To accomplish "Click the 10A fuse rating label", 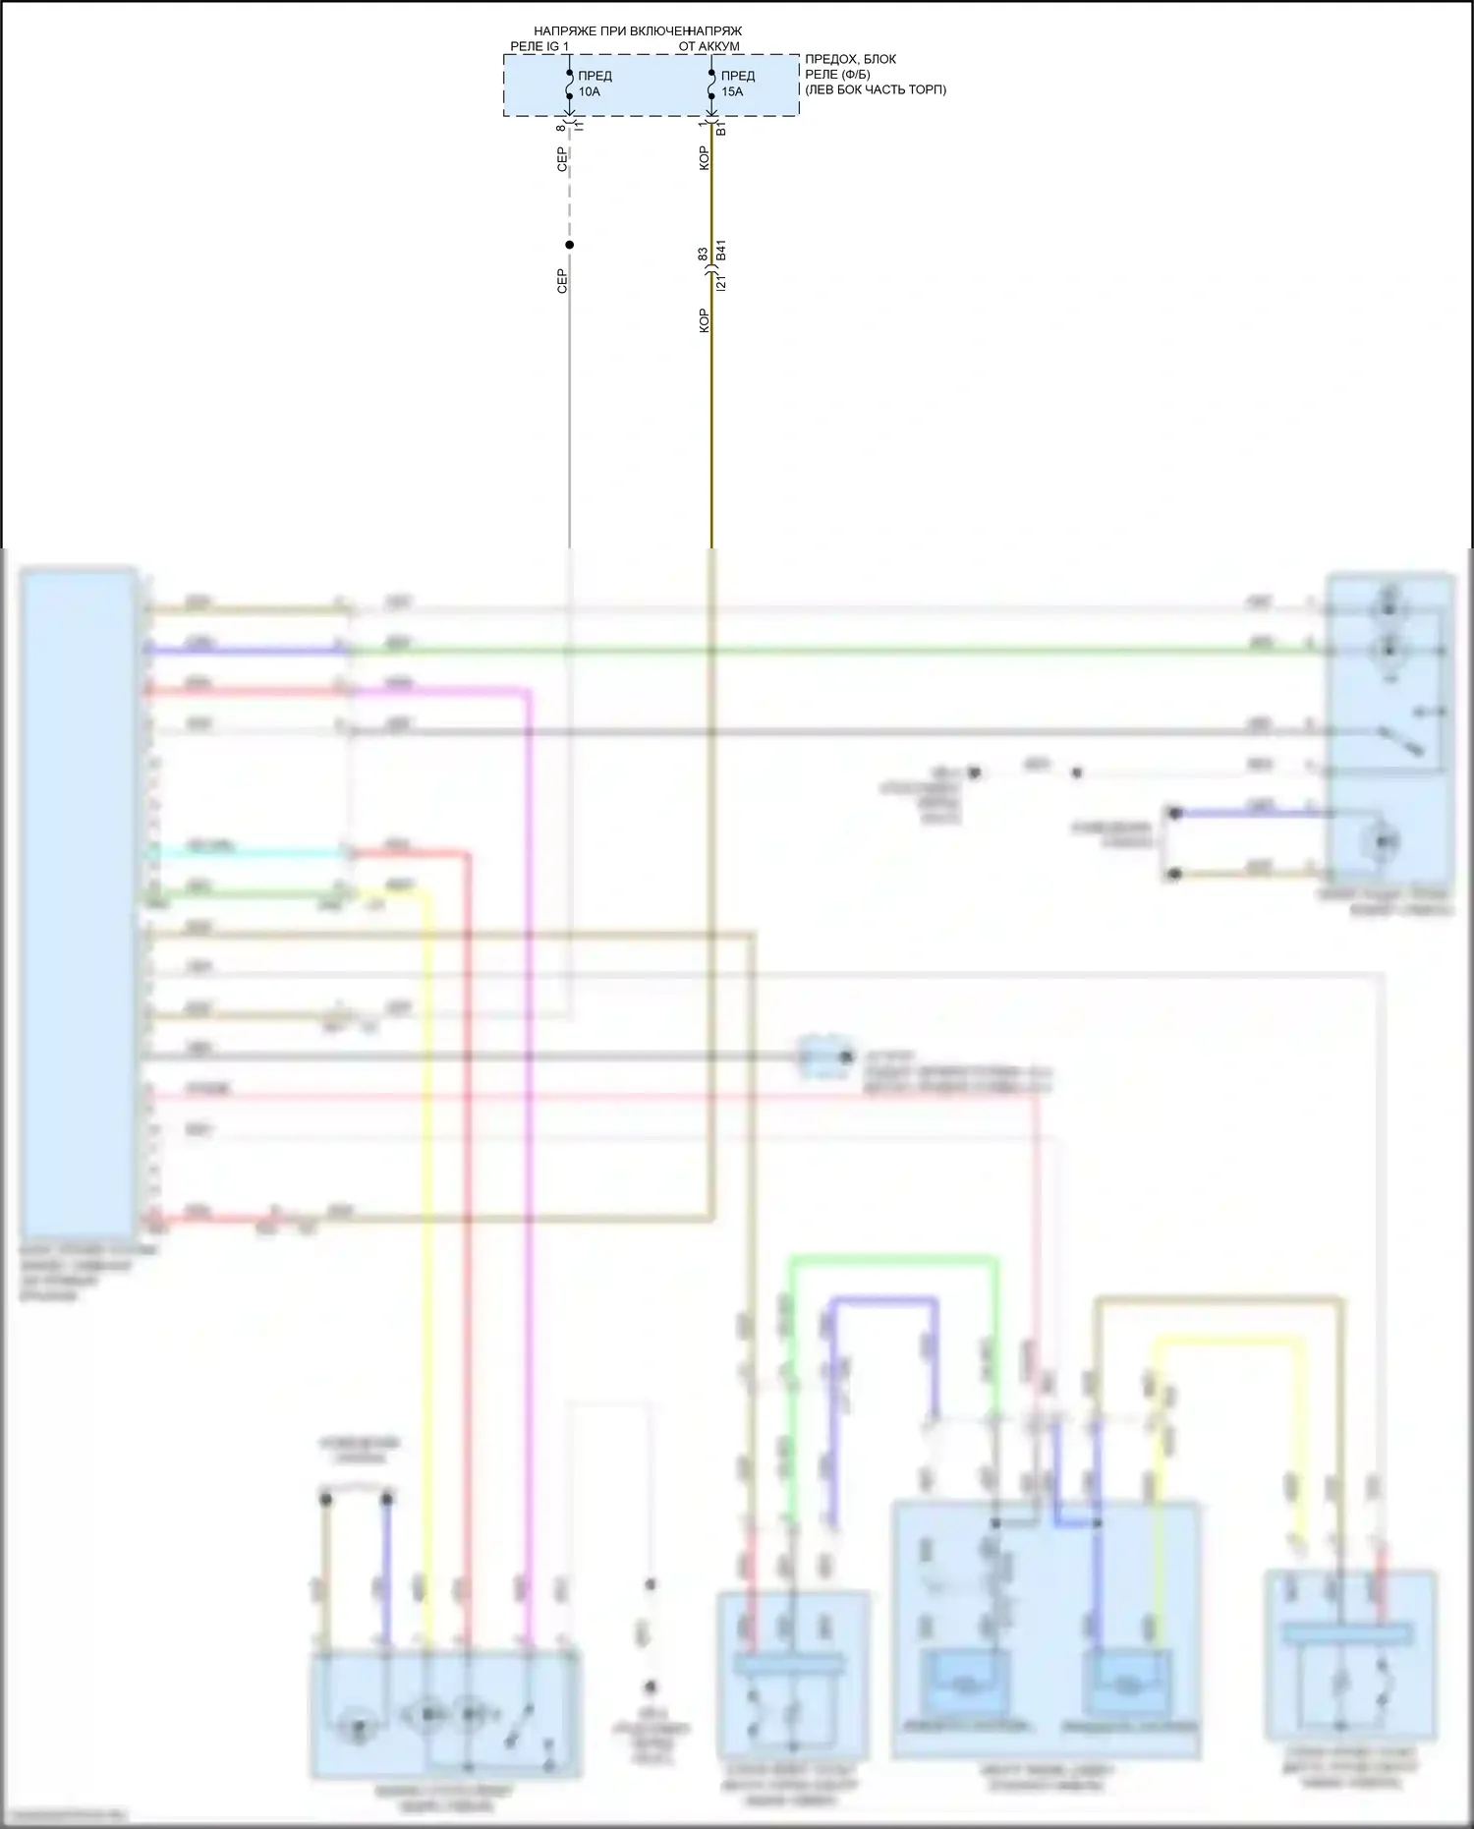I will (589, 91).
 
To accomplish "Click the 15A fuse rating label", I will (732, 91).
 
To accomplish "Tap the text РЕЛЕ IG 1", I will (539, 46).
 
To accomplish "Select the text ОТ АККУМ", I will (709, 46).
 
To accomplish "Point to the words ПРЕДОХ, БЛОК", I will (850, 59).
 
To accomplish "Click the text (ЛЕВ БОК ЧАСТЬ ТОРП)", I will (876, 89).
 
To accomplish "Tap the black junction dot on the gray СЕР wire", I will (569, 245).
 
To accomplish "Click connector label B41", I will (721, 251).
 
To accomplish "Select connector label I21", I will (721, 283).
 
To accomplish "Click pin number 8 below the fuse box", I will (561, 128).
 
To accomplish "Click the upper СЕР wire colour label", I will (562, 159).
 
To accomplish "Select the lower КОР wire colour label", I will (704, 320).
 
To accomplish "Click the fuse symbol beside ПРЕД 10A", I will (569, 85).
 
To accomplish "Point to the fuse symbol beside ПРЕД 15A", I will (711, 85).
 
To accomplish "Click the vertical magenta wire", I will (529, 1179).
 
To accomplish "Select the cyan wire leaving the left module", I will (246, 852).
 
